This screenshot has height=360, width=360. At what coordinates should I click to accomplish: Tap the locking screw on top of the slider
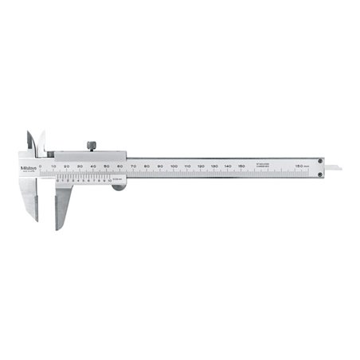click(x=92, y=145)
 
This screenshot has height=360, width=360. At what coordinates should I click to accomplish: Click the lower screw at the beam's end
click(x=320, y=173)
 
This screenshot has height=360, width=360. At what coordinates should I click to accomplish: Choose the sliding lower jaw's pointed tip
click(x=58, y=227)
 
